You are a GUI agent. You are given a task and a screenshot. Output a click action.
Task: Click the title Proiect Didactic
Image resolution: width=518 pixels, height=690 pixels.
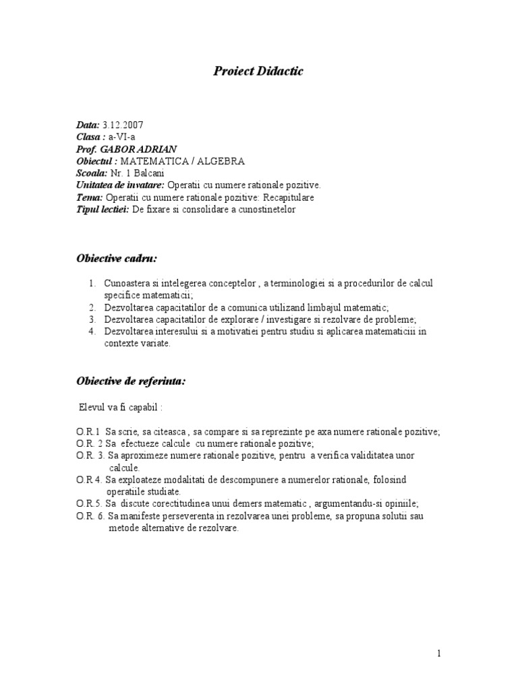pyautogui.click(x=258, y=71)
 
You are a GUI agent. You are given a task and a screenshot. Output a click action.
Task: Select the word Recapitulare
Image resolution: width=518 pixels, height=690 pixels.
pyautogui.click(x=287, y=197)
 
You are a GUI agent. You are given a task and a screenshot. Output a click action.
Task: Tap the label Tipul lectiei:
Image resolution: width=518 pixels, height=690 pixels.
pyautogui.click(x=103, y=210)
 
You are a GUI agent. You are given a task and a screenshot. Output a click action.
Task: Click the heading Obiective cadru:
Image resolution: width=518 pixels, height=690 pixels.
pyautogui.click(x=117, y=258)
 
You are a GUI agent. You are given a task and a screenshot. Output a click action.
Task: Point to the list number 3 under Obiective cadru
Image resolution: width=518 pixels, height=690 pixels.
pyautogui.click(x=92, y=319)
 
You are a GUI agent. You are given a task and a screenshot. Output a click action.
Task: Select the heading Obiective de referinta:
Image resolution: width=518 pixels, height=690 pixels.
pyautogui.click(x=131, y=381)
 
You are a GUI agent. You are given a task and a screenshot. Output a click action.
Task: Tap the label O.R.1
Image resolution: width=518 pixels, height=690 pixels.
pyautogui.click(x=88, y=432)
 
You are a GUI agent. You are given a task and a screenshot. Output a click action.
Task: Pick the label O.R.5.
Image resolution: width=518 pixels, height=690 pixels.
pyautogui.click(x=88, y=504)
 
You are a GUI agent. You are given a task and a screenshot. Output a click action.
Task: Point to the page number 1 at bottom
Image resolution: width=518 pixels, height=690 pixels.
pyautogui.click(x=439, y=654)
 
